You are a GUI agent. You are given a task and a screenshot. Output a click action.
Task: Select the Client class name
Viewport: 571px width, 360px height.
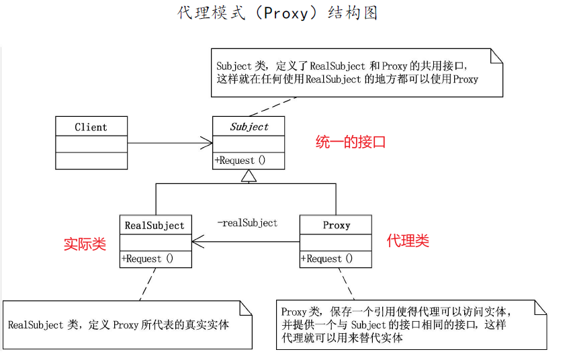click(x=91, y=127)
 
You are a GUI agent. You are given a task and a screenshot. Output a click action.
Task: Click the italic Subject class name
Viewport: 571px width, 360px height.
click(x=249, y=127)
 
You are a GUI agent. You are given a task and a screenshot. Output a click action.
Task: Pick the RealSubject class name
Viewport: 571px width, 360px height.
click(x=155, y=226)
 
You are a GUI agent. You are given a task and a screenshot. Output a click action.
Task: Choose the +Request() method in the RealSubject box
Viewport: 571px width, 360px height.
click(x=147, y=259)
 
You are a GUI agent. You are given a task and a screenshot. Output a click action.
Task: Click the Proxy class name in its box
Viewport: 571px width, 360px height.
click(x=336, y=226)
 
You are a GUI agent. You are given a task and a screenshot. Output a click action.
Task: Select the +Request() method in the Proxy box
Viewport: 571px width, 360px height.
click(x=327, y=259)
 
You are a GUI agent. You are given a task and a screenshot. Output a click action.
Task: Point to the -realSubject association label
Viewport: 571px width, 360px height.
click(x=247, y=222)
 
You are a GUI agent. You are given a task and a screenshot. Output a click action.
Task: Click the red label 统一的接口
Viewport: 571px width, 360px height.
click(x=351, y=142)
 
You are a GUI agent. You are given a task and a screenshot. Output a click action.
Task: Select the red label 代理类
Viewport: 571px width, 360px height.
click(x=408, y=241)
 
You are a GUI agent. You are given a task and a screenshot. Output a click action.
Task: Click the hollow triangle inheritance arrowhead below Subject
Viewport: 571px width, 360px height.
click(x=249, y=177)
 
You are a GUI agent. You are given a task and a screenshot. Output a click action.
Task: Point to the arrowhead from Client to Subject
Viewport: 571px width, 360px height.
click(x=207, y=142)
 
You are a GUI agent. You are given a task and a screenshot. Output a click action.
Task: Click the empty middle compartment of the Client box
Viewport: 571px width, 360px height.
click(x=91, y=144)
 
